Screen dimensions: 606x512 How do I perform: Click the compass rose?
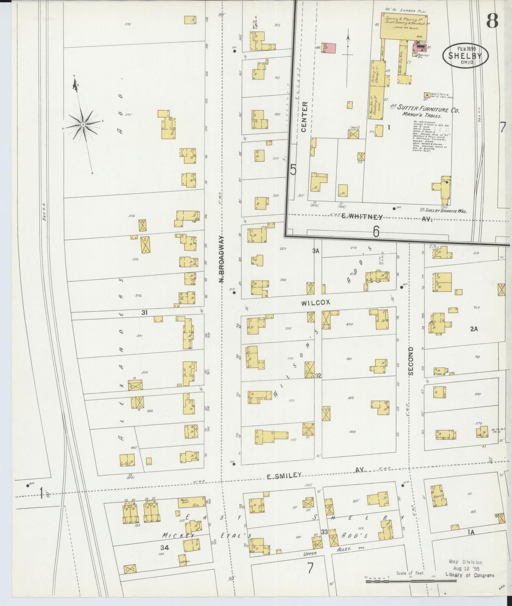(x=83, y=124)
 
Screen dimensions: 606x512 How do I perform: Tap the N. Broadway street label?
(x=222, y=259)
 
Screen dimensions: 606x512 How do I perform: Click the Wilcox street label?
(x=316, y=303)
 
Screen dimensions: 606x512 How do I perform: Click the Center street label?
(x=304, y=117)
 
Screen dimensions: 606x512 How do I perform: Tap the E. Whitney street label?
(x=362, y=217)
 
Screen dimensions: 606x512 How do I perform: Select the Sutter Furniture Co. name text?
(x=424, y=110)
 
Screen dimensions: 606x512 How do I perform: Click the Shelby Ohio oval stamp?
(x=465, y=56)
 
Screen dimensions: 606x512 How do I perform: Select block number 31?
(x=144, y=312)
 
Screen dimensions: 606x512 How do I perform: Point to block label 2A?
(x=474, y=329)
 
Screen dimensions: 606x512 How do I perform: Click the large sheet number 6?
(x=376, y=231)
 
